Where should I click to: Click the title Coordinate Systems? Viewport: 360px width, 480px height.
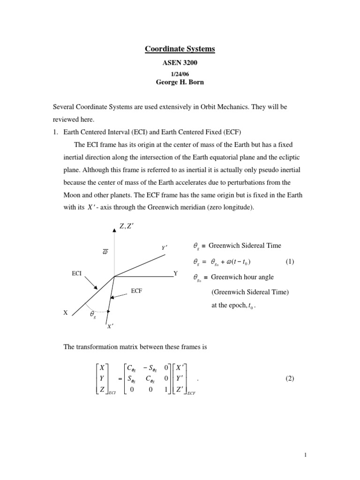(x=180, y=49)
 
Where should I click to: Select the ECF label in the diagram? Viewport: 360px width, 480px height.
(x=136, y=291)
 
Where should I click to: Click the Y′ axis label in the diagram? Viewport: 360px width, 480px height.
(x=165, y=247)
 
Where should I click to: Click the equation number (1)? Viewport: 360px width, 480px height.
(x=289, y=261)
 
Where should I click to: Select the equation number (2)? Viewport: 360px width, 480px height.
(x=289, y=379)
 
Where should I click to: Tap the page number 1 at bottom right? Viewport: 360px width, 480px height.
(x=305, y=454)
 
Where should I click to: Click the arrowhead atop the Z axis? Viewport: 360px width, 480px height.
(x=114, y=230)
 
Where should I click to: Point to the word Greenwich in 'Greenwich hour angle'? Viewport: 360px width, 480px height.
(x=225, y=277)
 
